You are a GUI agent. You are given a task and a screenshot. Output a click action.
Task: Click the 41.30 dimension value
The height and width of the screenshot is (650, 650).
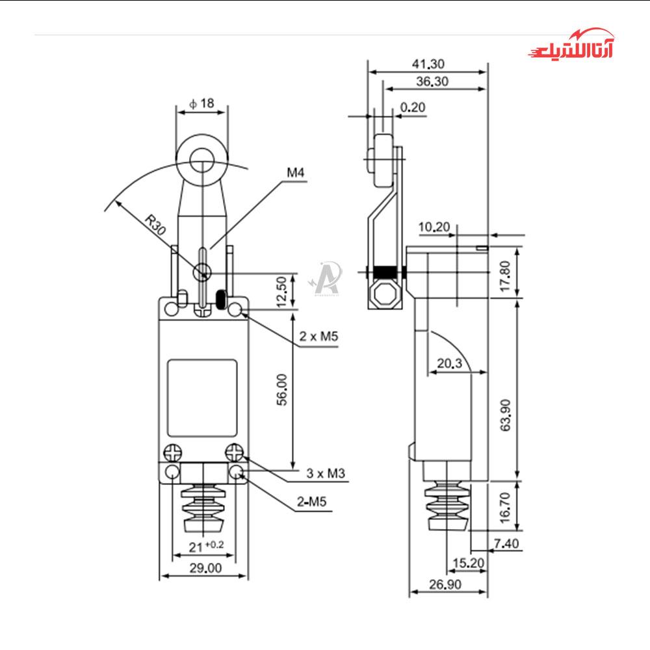pyautogui.click(x=428, y=64)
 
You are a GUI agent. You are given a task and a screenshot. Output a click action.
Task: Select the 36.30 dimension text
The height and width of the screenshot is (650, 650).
pyautogui.click(x=432, y=81)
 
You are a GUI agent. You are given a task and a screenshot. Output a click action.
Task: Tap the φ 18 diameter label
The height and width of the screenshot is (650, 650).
pyautogui.click(x=201, y=103)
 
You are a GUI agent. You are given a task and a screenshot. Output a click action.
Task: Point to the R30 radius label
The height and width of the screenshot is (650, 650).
pyautogui.click(x=155, y=225)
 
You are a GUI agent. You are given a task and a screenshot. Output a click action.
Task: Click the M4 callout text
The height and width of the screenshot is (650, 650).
pyautogui.click(x=296, y=172)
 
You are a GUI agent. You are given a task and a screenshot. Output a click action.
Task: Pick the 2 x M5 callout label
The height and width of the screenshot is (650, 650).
pyautogui.click(x=318, y=336)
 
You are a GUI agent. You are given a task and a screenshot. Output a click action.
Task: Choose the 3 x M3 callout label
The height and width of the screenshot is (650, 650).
pyautogui.click(x=326, y=473)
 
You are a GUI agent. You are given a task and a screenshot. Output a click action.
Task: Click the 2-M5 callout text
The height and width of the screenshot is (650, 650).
pyautogui.click(x=311, y=502)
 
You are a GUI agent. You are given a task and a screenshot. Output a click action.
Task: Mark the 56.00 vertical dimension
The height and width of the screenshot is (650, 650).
pyautogui.click(x=281, y=389)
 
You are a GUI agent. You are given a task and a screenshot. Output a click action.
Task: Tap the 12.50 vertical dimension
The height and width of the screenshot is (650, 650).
pyautogui.click(x=281, y=292)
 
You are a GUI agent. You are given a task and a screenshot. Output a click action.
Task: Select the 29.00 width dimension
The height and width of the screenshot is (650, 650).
pyautogui.click(x=205, y=568)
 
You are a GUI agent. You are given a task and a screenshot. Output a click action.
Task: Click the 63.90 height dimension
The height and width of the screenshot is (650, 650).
pyautogui.click(x=505, y=415)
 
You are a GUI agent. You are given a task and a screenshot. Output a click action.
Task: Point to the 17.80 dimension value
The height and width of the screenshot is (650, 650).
pyautogui.click(x=505, y=276)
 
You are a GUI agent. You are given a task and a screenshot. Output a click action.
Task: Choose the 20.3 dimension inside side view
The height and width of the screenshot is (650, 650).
pyautogui.click(x=449, y=363)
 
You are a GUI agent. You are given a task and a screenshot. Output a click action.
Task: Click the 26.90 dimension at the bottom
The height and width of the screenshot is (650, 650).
pyautogui.click(x=445, y=584)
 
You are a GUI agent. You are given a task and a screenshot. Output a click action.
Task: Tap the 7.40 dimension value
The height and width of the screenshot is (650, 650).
pyautogui.click(x=506, y=543)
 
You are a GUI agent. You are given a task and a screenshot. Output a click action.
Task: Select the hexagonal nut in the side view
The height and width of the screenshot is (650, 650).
pyautogui.click(x=385, y=294)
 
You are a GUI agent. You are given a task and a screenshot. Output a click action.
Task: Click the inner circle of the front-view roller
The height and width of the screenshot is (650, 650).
pyautogui.click(x=202, y=160)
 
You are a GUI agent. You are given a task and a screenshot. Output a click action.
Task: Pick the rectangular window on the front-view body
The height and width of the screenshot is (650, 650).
pyautogui.click(x=202, y=398)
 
